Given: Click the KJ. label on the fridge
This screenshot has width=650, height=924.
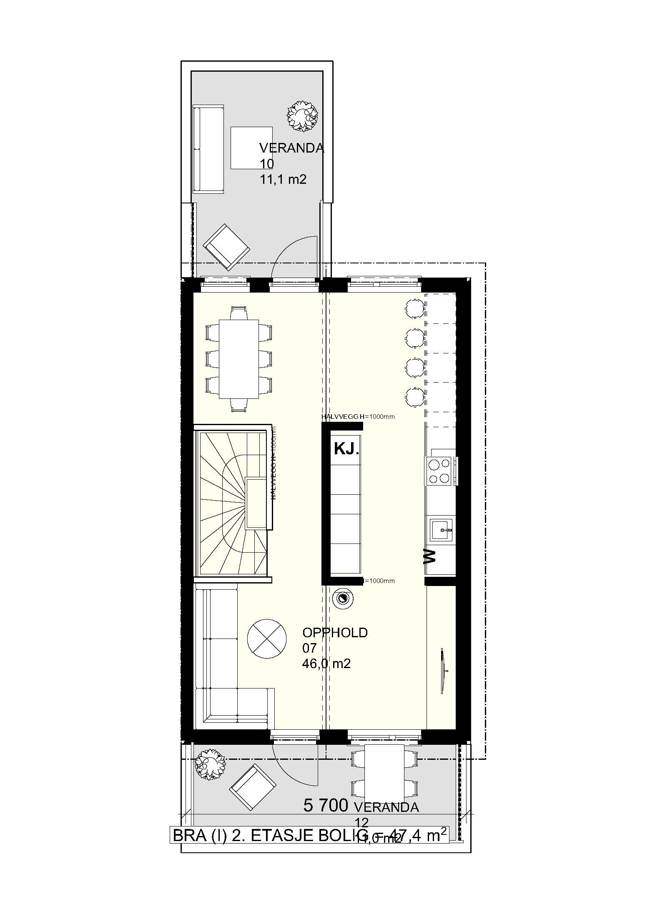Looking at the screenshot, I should pos(346,450).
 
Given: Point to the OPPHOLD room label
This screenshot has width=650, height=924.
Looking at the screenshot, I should pos(335,632).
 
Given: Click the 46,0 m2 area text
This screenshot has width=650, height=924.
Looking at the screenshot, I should pos(326,664).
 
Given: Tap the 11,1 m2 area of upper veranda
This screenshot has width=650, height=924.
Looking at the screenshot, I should pos(283,179).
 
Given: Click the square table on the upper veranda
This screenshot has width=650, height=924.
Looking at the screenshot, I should pos(251,148).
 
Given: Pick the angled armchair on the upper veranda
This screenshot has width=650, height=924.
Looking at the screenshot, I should pos(227,246).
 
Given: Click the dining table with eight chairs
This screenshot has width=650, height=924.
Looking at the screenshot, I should pos(238,359).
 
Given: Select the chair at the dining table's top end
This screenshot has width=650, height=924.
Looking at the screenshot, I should pos(238,313).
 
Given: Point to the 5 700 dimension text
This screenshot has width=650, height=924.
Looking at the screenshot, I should pos(325,806).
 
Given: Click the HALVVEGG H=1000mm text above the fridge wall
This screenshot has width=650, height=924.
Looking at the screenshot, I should pos(357,416).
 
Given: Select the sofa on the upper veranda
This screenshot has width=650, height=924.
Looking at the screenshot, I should pos(208,149).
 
